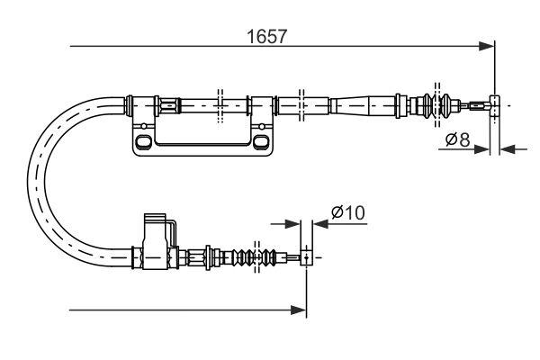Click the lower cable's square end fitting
coord(307,257)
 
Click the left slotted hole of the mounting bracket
coord(142,141)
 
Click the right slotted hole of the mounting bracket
coord(261,141)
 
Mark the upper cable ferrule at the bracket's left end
coord(144,105)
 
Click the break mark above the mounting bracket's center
coord(219,104)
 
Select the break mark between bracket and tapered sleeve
coord(301,104)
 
